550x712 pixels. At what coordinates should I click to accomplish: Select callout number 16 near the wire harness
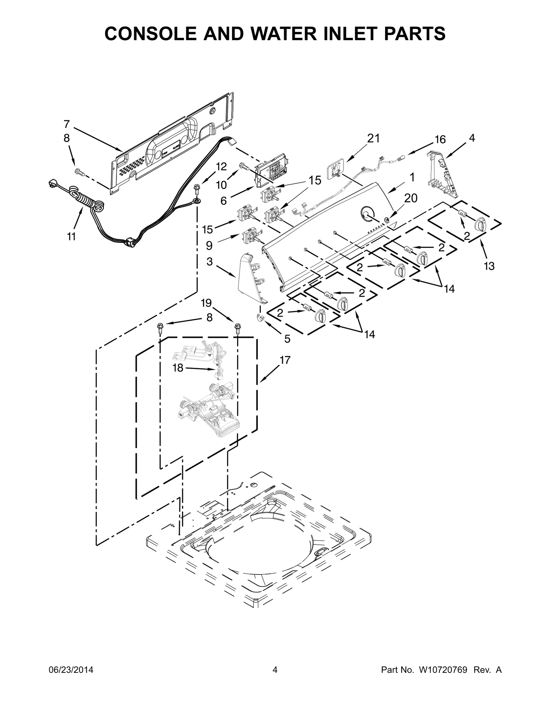(440, 140)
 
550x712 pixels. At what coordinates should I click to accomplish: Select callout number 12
(221, 167)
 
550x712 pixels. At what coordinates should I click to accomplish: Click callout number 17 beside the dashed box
(285, 360)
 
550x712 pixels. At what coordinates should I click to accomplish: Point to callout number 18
(178, 368)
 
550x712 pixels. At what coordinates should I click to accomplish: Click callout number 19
(206, 303)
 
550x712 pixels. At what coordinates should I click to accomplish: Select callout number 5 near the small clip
(287, 339)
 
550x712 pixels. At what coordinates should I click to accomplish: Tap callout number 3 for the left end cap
(210, 262)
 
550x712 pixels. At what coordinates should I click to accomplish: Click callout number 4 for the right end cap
(472, 138)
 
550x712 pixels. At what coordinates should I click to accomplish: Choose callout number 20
(410, 198)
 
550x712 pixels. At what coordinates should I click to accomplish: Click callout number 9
(209, 245)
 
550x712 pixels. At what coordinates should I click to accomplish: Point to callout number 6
(223, 201)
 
